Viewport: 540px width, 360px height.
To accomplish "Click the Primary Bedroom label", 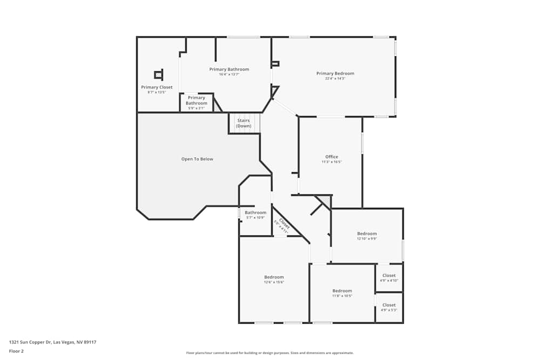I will tap(335, 73).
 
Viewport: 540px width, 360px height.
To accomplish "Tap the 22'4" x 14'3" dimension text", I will tap(335, 79).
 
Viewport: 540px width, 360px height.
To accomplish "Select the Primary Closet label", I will tap(157, 87).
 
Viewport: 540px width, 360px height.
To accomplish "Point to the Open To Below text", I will tap(197, 159).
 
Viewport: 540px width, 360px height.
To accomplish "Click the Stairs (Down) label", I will tap(244, 123).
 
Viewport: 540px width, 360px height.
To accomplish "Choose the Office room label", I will tap(332, 157).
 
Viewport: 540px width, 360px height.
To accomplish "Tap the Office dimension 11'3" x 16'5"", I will tap(332, 162).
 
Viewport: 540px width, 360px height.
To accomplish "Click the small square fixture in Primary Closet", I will tap(158, 75).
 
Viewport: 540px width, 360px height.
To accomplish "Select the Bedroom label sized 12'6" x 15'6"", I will tap(274, 277).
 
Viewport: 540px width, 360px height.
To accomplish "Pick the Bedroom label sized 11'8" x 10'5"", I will tap(342, 290).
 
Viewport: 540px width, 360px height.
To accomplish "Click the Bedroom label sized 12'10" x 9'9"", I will tap(367, 233).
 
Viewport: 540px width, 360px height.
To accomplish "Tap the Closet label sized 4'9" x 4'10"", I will tap(389, 275).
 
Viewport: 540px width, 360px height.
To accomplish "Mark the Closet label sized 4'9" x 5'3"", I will tap(389, 305).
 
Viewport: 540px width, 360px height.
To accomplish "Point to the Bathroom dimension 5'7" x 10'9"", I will tap(255, 218).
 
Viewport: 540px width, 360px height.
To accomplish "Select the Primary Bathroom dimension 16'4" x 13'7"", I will tap(229, 74).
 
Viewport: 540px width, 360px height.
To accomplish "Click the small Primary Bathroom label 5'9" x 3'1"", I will tap(197, 100).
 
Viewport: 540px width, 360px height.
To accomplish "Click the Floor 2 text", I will tap(16, 351).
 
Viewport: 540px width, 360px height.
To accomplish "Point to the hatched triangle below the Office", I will tap(325, 201).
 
